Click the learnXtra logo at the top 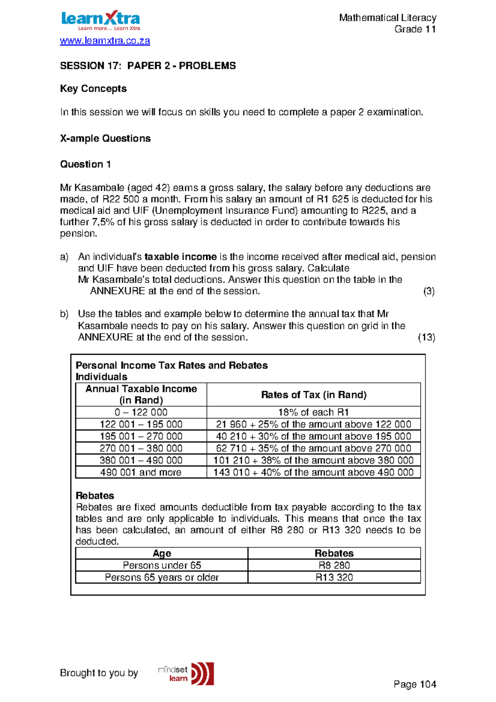(x=100, y=21)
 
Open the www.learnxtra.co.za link (x=105, y=41)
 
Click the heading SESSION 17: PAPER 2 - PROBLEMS (x=148, y=66)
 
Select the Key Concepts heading (x=93, y=88)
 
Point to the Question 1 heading (x=85, y=164)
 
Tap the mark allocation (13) (x=426, y=337)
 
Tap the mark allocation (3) (x=429, y=291)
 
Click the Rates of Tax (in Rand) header (x=313, y=395)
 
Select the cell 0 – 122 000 (x=141, y=412)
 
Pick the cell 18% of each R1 (x=313, y=412)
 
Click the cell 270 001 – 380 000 (x=141, y=448)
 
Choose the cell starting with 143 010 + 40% (x=313, y=472)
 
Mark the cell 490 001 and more (x=141, y=472)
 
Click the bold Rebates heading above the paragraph (x=95, y=496)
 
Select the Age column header (x=162, y=553)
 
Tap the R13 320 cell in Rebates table (x=334, y=577)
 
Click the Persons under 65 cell (x=162, y=565)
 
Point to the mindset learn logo (x=186, y=673)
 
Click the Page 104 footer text (x=415, y=684)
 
